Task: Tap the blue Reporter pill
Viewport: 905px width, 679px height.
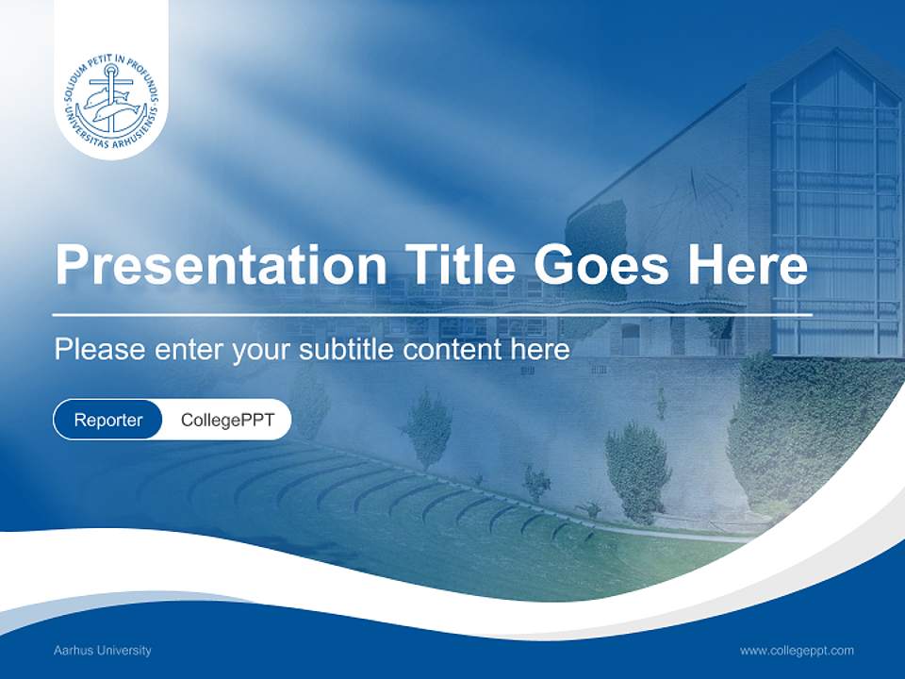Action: tap(107, 420)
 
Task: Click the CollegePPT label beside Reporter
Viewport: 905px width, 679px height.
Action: tap(227, 420)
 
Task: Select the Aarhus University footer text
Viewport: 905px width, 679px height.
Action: tap(103, 651)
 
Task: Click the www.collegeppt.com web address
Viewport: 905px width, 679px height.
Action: tap(797, 651)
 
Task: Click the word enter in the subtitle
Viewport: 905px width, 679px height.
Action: tap(189, 350)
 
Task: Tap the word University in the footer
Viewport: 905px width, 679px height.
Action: tap(125, 651)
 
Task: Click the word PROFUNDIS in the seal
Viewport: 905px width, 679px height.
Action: tap(147, 87)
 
